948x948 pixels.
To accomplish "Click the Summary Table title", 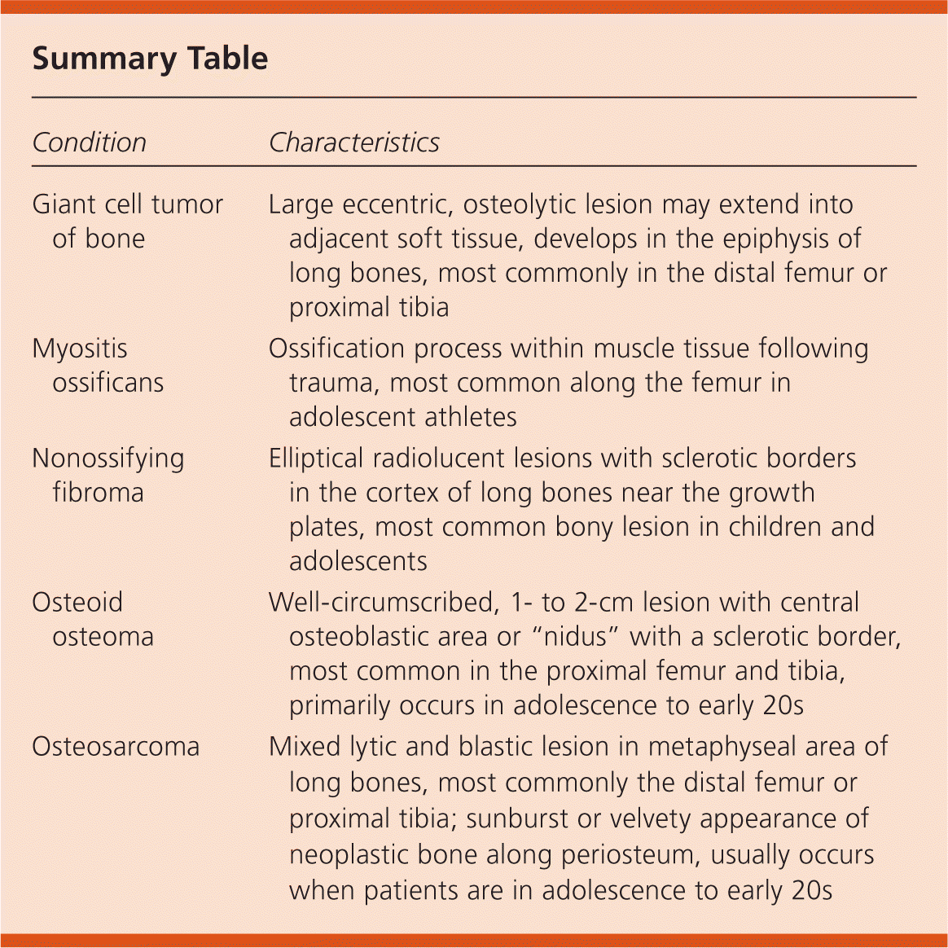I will pos(150,59).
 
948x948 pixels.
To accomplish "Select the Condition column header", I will pos(89,143).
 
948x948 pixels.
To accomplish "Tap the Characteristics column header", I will pos(353,143).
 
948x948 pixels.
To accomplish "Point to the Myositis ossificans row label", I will pos(98,366).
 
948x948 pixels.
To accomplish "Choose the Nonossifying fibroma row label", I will pos(108,475).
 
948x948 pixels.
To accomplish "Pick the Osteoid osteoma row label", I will pos(93,619).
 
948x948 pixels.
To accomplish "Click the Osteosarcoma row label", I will pos(116,747).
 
